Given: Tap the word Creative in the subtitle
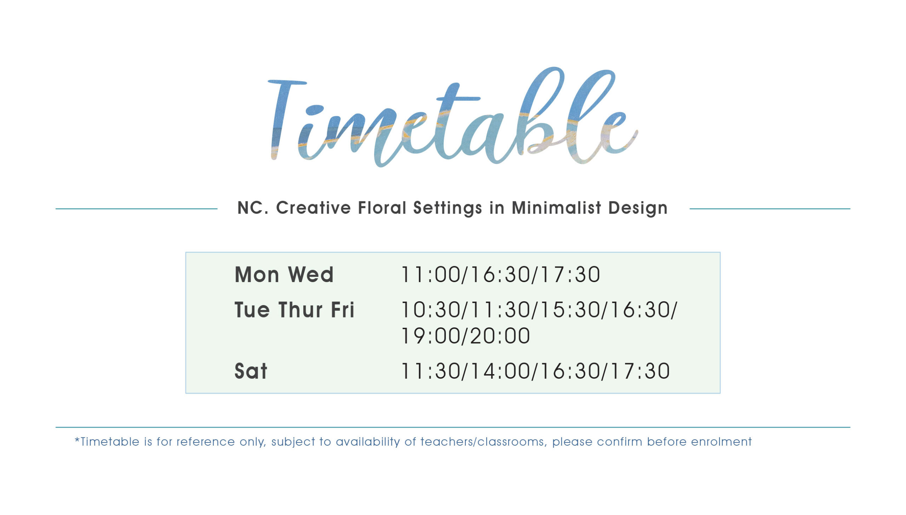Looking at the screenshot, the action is point(313,208).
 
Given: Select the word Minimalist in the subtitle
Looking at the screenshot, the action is point(556,208).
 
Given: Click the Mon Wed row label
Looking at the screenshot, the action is point(284,274).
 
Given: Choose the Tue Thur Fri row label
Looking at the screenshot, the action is point(294,310).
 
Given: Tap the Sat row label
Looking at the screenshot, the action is point(251,371).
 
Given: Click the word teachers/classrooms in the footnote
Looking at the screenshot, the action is point(483,442).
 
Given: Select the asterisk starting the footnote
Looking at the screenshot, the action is point(77,440).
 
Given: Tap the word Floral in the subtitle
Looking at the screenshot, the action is point(382,208).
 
